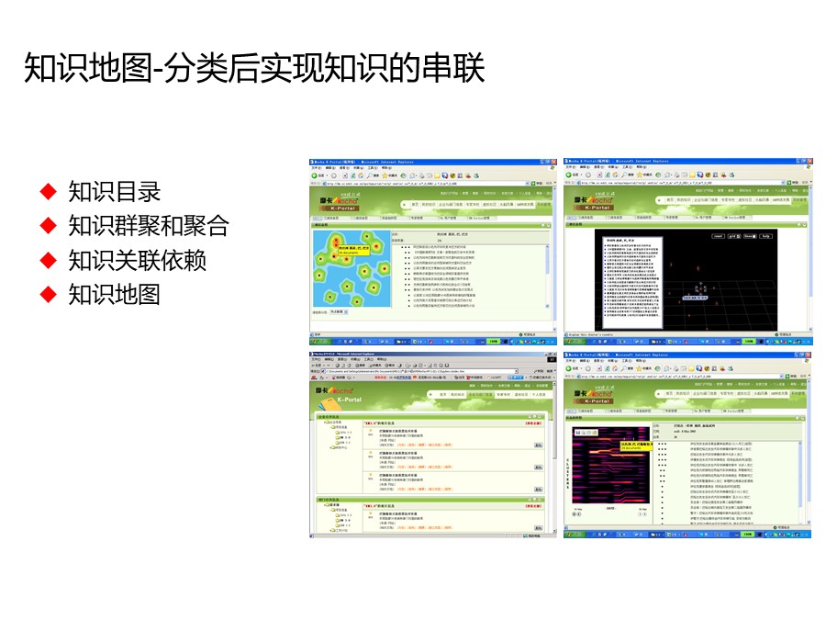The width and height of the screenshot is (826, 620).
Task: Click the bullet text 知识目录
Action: coord(115,192)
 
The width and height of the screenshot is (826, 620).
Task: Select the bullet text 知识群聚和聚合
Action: coord(148,226)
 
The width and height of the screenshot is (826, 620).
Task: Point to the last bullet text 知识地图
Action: coord(115,294)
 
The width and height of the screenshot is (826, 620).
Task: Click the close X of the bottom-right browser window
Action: coord(809,355)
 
